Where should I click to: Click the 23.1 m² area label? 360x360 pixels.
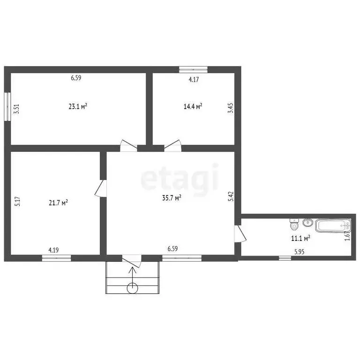pos(78,106)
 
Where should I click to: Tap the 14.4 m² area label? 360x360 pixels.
pos(193,106)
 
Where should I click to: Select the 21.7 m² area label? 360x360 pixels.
pos(58,202)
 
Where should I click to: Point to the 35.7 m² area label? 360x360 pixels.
pos(172,198)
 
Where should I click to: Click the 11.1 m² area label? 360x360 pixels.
pos(300,238)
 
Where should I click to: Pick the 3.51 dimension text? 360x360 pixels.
pos(17,109)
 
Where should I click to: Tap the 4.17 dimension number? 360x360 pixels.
pos(194,79)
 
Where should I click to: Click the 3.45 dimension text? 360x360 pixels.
pos(231,107)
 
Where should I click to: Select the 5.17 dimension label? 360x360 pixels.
pos(17,201)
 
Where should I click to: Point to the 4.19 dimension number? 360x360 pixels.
pos(53,249)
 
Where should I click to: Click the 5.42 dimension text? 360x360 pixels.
pos(231,196)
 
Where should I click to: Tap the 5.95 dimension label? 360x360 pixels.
pos(300,252)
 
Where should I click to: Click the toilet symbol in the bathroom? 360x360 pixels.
pos(294,225)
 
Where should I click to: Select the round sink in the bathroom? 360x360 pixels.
pos(307,223)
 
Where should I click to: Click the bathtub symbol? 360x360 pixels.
pos(333,225)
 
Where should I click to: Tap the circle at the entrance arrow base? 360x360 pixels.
pos(133,288)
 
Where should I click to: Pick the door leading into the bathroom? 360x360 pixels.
pos(240,233)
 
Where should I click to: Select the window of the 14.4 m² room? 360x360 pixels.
pos(193,69)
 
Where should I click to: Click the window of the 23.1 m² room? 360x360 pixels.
pos(7,106)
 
